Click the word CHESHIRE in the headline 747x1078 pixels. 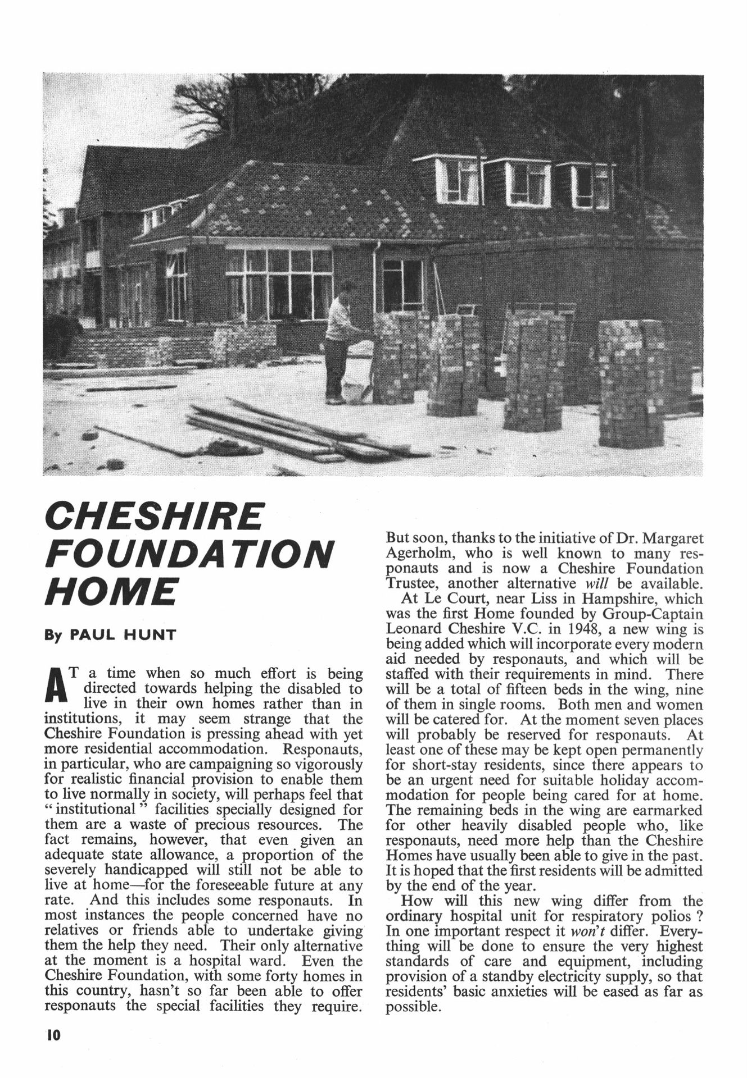(x=153, y=516)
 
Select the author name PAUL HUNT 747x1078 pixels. (x=122, y=635)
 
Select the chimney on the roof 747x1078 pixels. (x=243, y=109)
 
